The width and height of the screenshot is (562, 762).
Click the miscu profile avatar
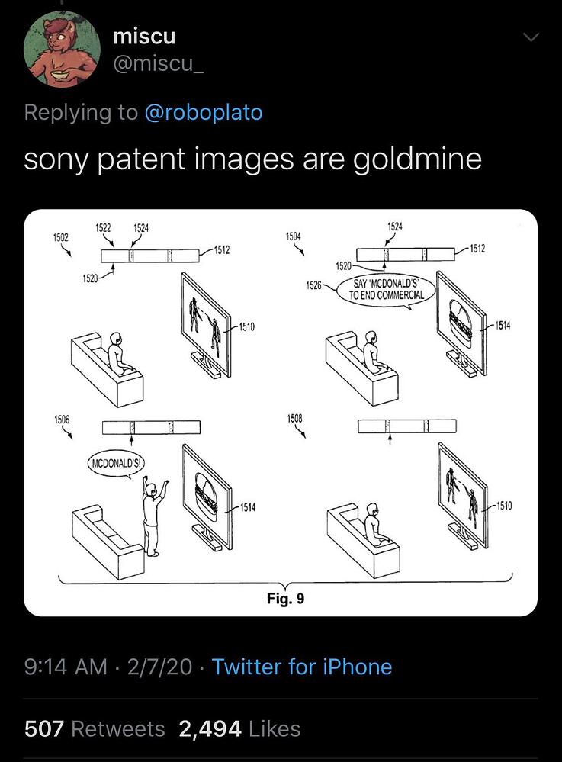coord(62,49)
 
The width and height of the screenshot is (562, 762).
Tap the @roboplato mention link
coord(204,113)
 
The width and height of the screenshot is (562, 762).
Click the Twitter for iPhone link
coord(302,667)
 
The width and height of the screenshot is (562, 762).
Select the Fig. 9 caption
coord(286,598)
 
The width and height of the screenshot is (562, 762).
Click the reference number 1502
coord(61,237)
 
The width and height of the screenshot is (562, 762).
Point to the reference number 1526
coord(314,285)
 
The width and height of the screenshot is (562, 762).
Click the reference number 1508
coord(294,418)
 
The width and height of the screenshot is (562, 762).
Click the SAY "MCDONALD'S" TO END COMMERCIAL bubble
coord(387,290)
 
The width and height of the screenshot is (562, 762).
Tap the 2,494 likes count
coord(210,729)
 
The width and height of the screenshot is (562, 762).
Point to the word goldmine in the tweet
coord(417,159)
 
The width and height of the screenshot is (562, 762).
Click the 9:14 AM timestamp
coord(66,667)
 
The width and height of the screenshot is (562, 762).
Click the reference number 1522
coord(102,228)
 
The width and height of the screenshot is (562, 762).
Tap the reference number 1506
coord(62,419)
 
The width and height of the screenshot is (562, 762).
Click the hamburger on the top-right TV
coord(460,322)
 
